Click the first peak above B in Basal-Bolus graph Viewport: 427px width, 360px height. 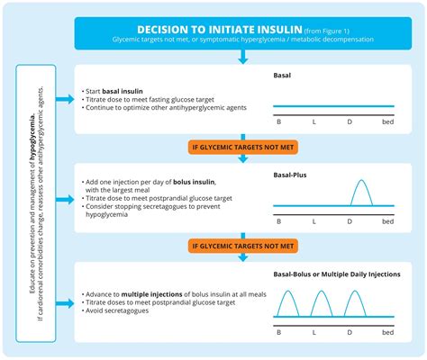[287, 304]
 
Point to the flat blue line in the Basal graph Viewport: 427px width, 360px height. [333, 106]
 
